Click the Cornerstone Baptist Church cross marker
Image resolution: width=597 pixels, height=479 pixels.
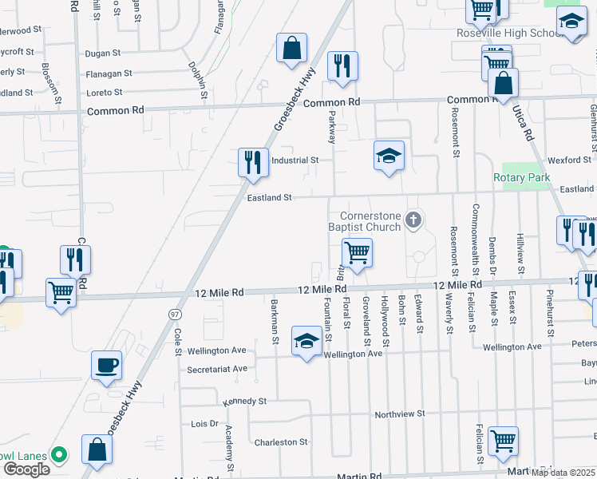tap(413, 219)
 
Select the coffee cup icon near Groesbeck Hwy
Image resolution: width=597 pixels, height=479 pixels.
tap(106, 366)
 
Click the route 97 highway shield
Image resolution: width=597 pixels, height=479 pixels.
tap(174, 316)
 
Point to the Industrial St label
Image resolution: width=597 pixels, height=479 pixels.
tap(295, 160)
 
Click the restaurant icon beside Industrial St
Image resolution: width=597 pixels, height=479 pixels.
tap(253, 162)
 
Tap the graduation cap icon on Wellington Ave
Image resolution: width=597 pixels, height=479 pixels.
tap(306, 342)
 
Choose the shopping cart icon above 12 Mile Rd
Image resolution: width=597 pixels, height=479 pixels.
tap(357, 253)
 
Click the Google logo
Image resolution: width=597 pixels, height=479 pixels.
tap(26, 469)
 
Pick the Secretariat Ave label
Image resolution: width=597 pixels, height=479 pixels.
tap(216, 369)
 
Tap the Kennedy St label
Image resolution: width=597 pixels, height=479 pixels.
tap(244, 401)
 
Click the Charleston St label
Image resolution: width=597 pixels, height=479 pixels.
tap(280, 441)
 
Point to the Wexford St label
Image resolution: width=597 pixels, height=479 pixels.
tap(569, 160)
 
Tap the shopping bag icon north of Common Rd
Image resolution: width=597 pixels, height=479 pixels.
tap(291, 48)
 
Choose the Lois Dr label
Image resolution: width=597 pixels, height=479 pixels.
tap(204, 423)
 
